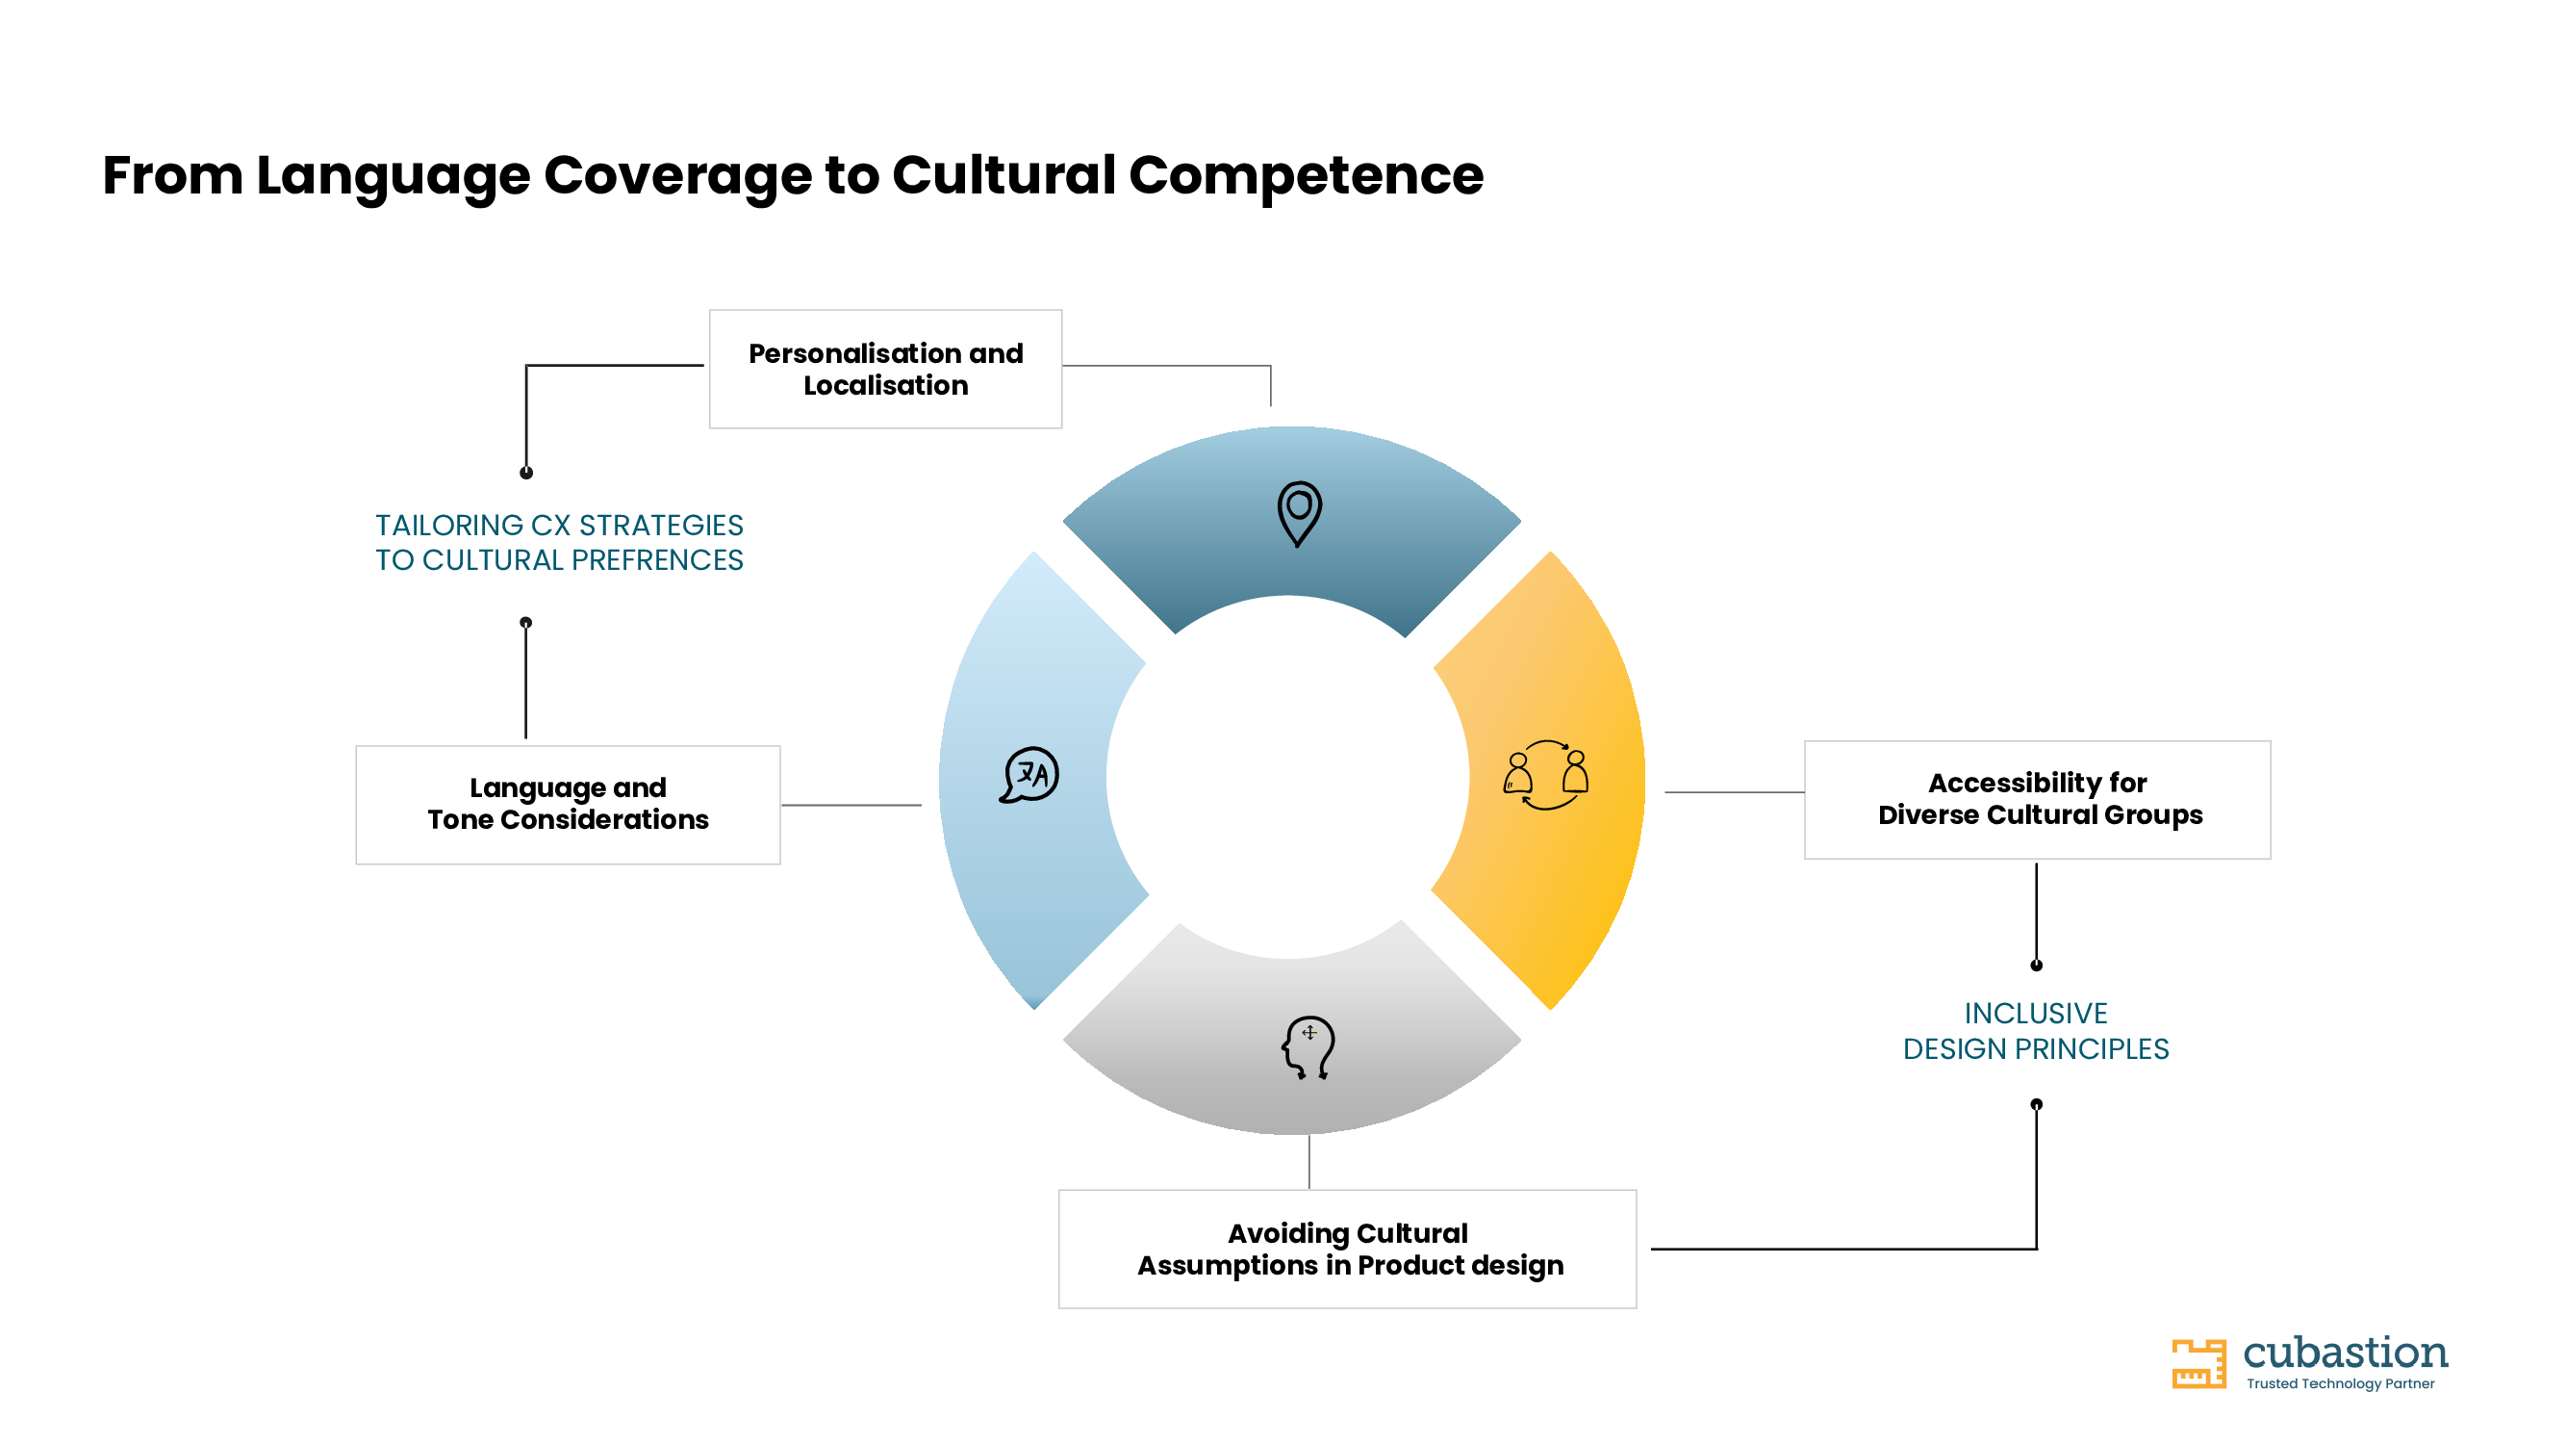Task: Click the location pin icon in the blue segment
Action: coord(1299,513)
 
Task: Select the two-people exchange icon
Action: coord(1546,775)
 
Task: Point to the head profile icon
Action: coord(1308,1047)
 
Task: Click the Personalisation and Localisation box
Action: coord(885,369)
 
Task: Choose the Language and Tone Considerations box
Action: coord(568,804)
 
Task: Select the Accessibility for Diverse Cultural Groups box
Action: coord(2037,799)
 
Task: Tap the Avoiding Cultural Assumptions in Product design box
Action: coord(1347,1249)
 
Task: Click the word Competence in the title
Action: coord(1306,176)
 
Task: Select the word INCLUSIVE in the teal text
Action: coord(2036,1014)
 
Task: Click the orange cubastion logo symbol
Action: coord(2198,1363)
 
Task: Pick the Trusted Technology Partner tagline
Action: coord(2340,1383)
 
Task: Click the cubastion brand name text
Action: coord(2345,1353)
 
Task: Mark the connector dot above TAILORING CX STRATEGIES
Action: coord(526,474)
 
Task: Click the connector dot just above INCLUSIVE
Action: coord(2036,965)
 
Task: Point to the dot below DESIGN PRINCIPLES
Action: coord(2036,1104)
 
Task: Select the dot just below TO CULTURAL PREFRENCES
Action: coord(526,623)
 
